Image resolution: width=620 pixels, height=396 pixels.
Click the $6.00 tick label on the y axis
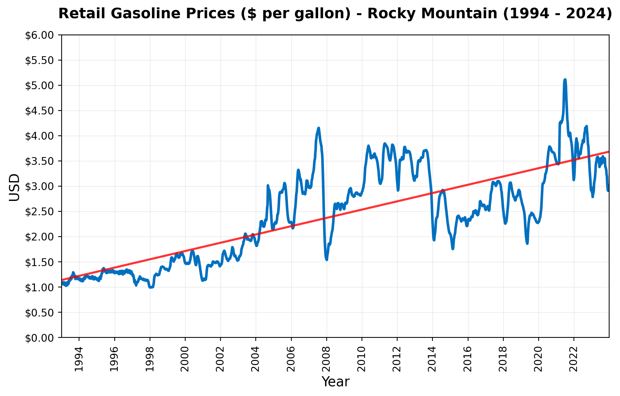41,35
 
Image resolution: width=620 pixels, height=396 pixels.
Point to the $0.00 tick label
41,338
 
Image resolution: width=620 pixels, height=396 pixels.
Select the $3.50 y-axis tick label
41,161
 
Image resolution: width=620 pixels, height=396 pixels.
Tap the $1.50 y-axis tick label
41,262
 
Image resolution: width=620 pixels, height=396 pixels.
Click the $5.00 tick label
41,86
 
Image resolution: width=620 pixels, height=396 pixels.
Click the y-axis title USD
14,187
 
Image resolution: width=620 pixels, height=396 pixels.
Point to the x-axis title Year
335,382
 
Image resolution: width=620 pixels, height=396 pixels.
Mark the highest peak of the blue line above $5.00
565,80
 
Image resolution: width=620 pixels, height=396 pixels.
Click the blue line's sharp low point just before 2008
327,259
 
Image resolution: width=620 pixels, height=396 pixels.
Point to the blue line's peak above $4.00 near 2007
319,128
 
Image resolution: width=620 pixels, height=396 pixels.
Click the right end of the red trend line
609,152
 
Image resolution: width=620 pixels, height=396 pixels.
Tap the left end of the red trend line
62,280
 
